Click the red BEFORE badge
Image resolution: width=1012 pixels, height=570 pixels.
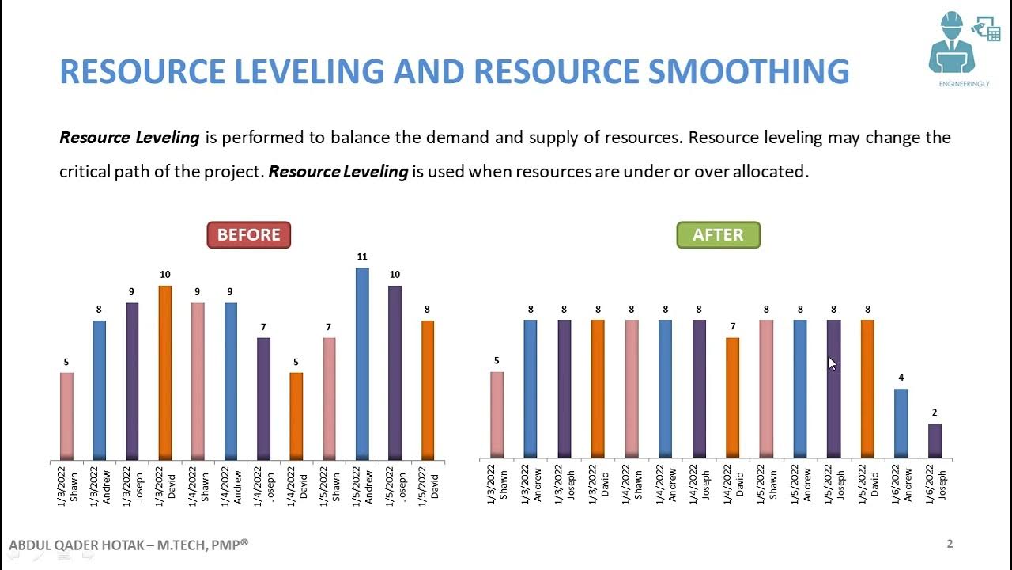248,235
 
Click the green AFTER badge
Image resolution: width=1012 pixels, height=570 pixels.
718,235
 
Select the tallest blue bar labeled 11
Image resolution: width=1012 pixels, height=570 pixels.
362,363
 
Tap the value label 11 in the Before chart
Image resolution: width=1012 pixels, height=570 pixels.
362,256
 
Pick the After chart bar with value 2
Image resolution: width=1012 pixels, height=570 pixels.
935,441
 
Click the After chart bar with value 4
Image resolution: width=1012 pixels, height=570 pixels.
901,424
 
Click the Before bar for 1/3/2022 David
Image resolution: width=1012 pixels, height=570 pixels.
165,372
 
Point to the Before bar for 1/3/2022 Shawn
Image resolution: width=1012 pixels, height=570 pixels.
67,416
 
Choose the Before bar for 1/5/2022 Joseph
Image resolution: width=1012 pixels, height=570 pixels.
395,372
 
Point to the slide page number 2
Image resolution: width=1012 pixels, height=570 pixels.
950,544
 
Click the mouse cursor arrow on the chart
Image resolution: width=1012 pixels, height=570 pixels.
832,363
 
